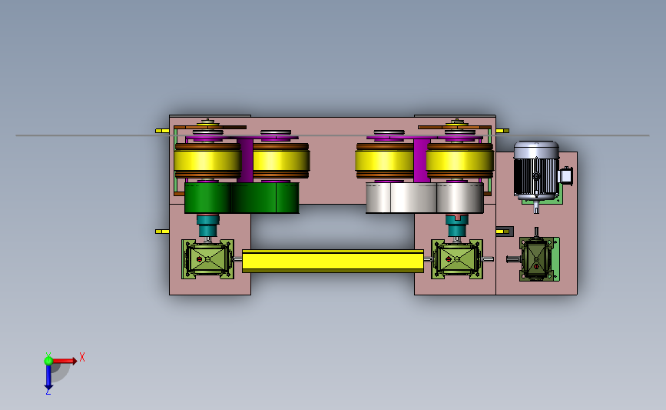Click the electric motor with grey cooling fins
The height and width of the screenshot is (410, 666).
(x=536, y=171)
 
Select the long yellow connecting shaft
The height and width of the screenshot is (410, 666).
(x=333, y=261)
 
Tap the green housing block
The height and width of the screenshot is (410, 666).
(x=242, y=198)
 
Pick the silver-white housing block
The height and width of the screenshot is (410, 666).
(x=425, y=198)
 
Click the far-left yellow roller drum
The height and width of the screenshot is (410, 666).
(x=207, y=161)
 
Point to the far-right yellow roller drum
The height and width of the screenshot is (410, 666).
(x=459, y=161)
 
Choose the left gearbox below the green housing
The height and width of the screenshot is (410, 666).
(x=207, y=259)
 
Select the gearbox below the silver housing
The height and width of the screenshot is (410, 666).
(x=457, y=259)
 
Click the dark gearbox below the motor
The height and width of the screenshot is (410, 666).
(x=536, y=258)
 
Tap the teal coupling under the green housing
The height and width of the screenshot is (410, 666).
(x=207, y=225)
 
